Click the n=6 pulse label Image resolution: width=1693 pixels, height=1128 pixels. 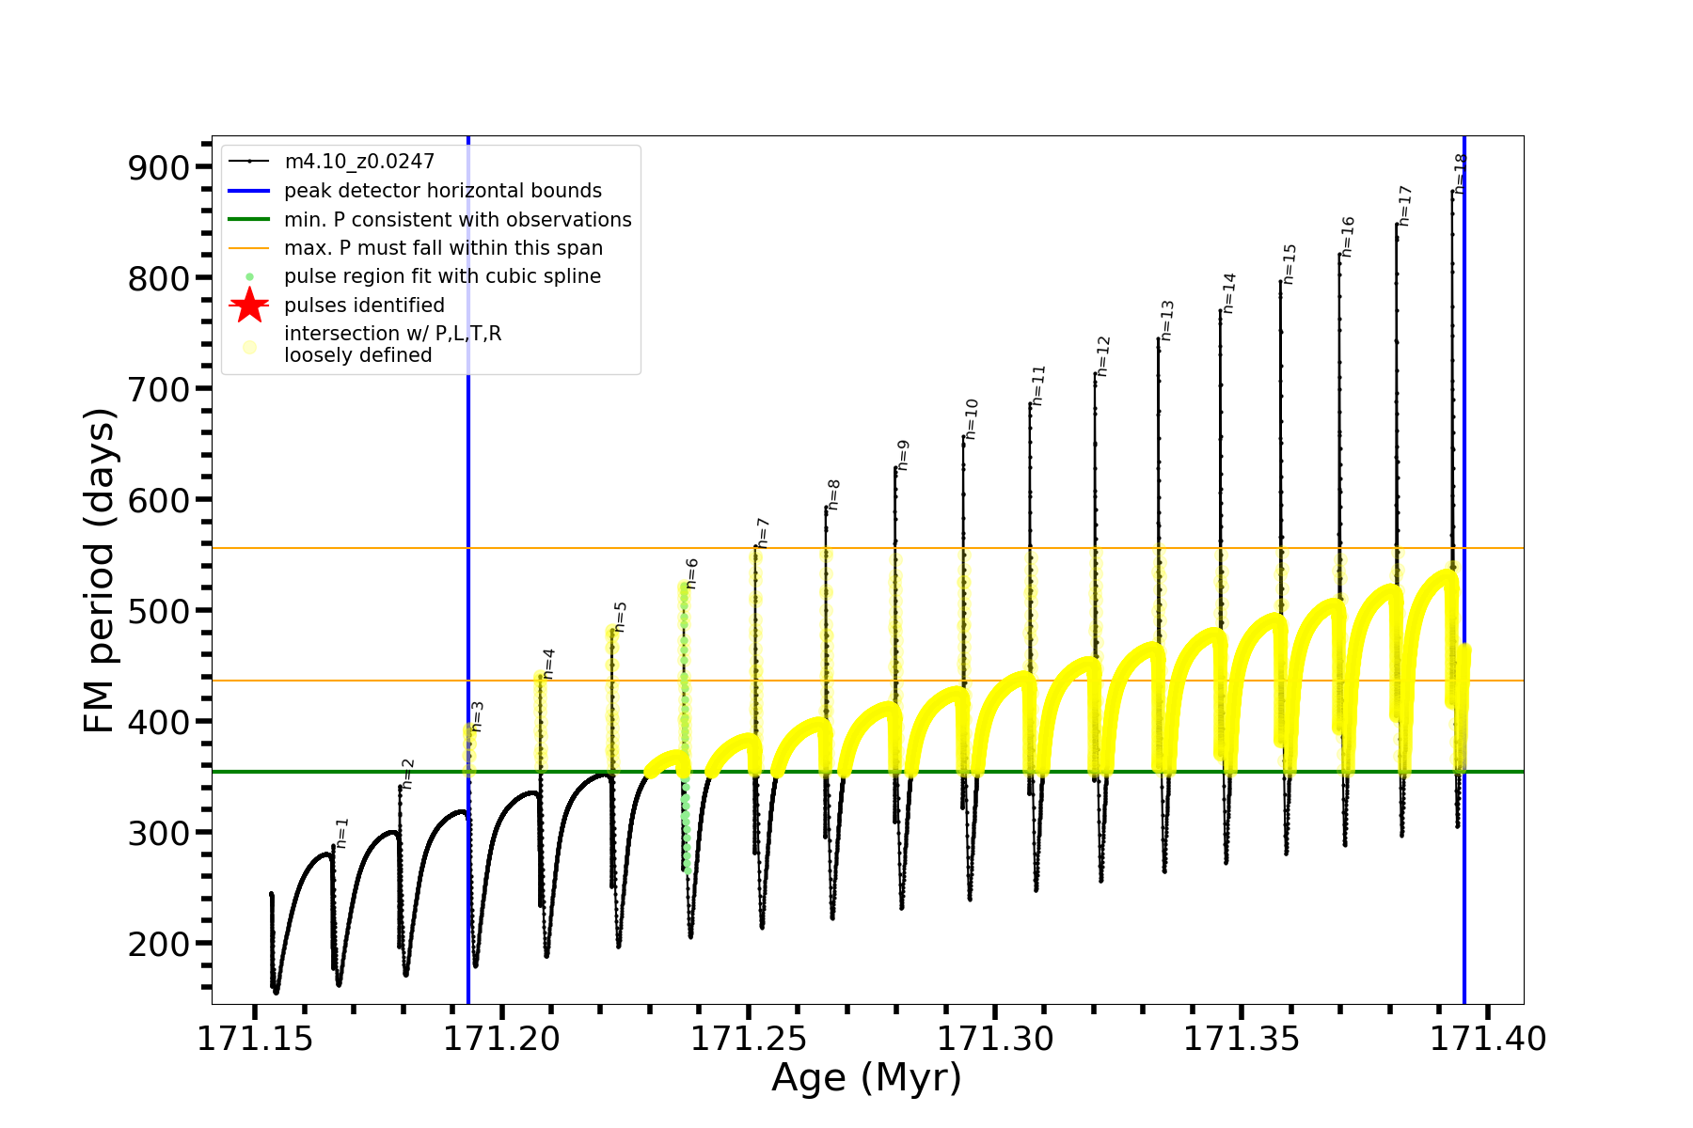click(692, 573)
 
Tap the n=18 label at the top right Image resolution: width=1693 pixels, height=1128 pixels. click(1460, 173)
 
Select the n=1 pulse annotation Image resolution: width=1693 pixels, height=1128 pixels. click(342, 833)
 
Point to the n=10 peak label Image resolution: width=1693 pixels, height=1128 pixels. click(972, 419)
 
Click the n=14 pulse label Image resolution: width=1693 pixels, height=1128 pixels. click(1229, 293)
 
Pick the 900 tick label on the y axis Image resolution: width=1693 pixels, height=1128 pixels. click(158, 168)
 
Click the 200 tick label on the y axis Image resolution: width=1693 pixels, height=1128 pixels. click(158, 945)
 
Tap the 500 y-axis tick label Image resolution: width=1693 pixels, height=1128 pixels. click(158, 612)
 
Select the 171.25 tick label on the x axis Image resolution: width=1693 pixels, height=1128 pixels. click(749, 1039)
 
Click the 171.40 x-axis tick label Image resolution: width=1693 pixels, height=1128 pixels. click(1488, 1039)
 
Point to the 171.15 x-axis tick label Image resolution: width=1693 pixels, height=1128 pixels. click(255, 1039)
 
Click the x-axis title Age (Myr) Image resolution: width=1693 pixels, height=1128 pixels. click(866, 1078)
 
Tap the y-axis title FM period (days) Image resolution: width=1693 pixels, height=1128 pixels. click(99, 571)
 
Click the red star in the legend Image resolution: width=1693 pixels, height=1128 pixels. click(249, 305)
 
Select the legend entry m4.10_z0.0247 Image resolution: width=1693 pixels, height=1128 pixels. click(359, 162)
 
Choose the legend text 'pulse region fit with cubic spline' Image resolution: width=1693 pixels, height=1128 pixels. click(442, 276)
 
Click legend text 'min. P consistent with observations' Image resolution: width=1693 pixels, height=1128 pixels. click(457, 220)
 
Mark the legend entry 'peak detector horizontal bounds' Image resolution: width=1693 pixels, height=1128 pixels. click(442, 191)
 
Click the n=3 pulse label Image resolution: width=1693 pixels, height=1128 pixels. click(478, 716)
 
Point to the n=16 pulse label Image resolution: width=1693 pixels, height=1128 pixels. click(1348, 237)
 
